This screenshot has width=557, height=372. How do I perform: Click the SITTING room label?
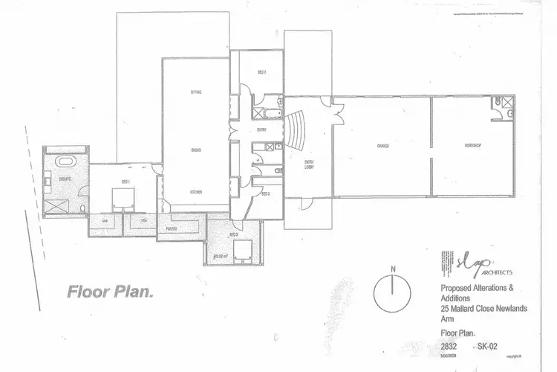197,92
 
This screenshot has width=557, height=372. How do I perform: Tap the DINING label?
197,150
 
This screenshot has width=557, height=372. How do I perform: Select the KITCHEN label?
197,191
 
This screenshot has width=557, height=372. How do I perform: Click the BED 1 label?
126,182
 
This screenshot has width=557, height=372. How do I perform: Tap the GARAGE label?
383,145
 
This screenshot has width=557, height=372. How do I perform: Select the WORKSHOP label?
474,145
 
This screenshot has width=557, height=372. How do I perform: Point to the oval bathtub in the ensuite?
67,162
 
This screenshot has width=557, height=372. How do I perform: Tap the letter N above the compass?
395,268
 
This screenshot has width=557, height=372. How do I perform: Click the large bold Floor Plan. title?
110,291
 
